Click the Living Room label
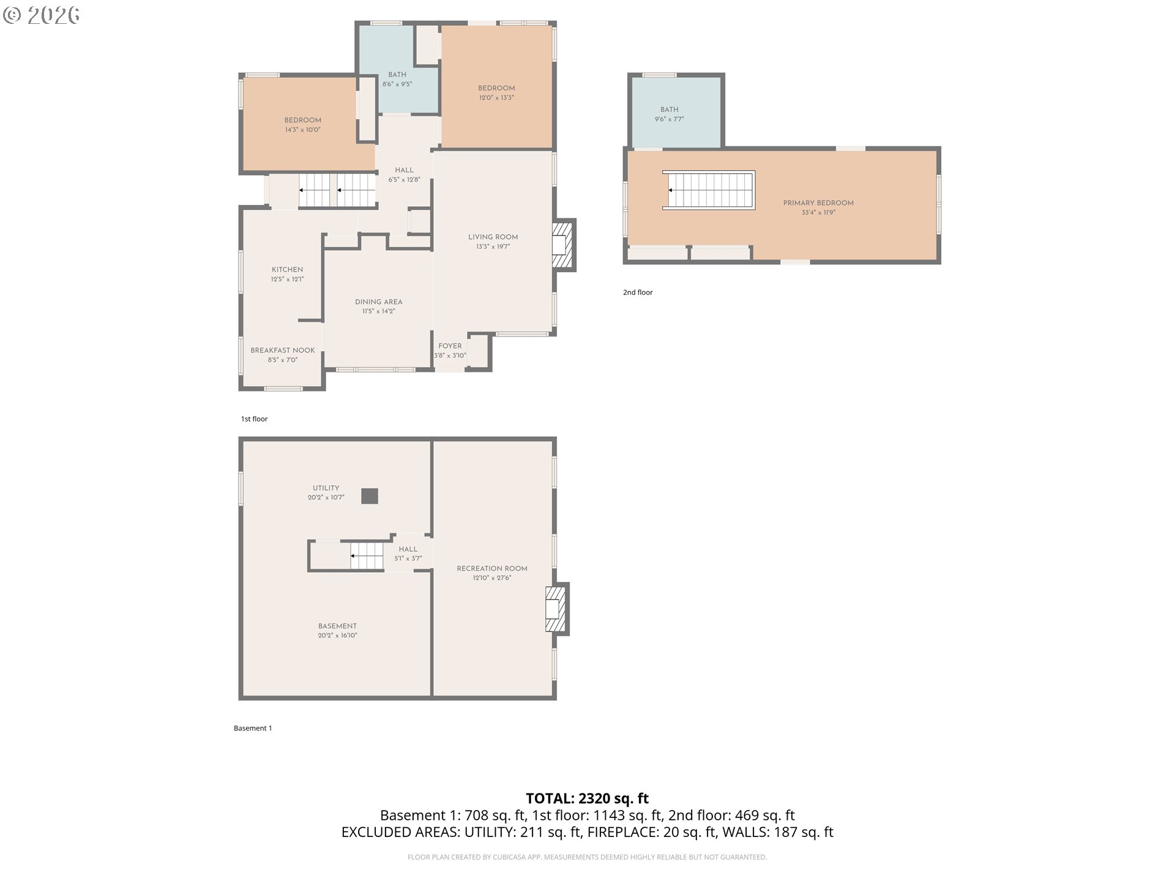tap(493, 237)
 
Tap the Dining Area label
tap(379, 302)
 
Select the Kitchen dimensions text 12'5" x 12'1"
tap(287, 280)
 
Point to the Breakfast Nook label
tap(283, 351)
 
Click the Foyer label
tap(450, 346)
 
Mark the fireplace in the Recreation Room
tap(557, 609)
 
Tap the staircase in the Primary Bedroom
tap(709, 190)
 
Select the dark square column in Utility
tap(370, 496)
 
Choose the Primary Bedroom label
tap(818, 203)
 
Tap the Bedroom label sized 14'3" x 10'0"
tap(303, 121)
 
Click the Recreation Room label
tap(492, 569)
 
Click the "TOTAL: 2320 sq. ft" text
tap(587, 798)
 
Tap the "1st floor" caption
tap(255, 419)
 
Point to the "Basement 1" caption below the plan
tap(253, 728)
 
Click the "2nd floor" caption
tap(638, 292)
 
